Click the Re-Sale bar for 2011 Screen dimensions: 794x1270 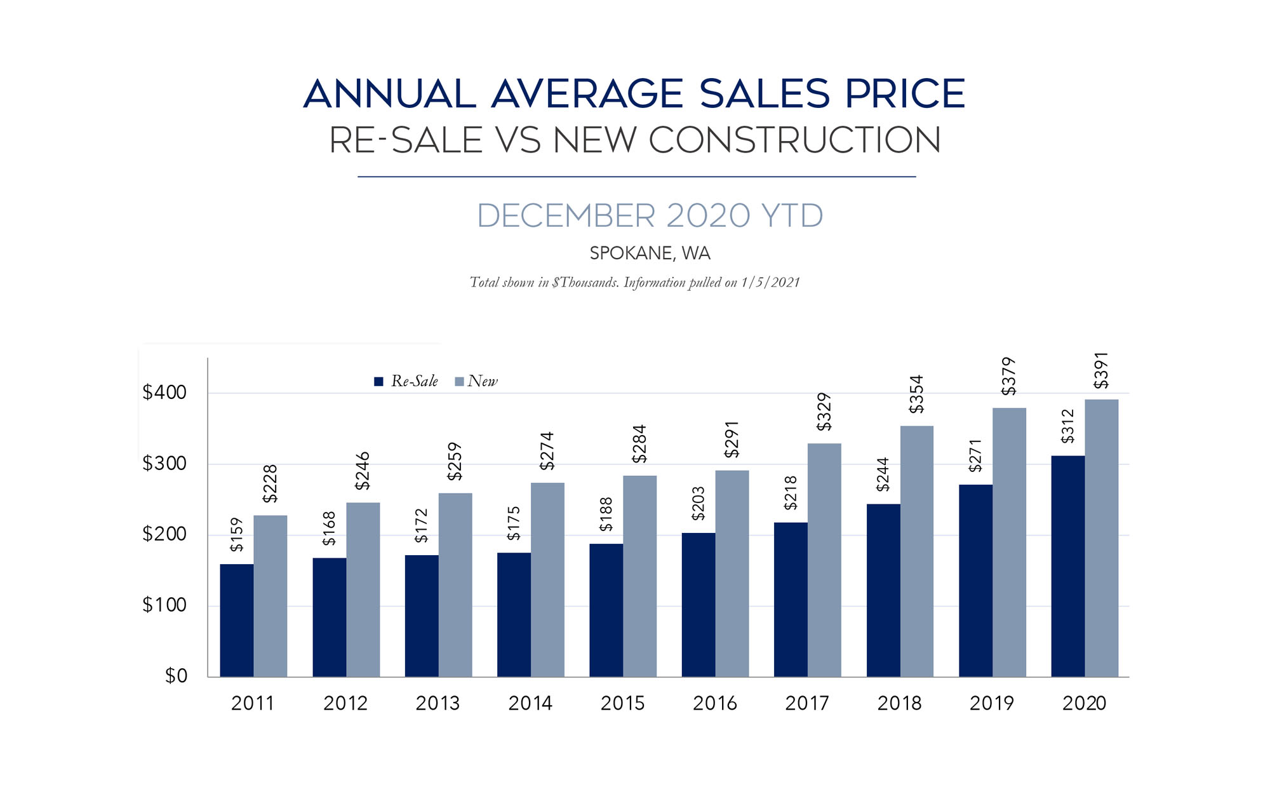pyautogui.click(x=236, y=620)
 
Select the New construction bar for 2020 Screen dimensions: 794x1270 pyautogui.click(x=1101, y=538)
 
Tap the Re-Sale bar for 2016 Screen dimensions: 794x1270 pyautogui.click(x=698, y=605)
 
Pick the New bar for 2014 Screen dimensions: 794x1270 pyautogui.click(x=547, y=579)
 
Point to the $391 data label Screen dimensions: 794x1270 pyautogui.click(x=1100, y=370)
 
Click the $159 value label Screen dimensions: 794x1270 pyautogui.click(x=236, y=535)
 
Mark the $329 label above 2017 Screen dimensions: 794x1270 pyautogui.click(x=824, y=412)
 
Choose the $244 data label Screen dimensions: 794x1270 pyautogui.click(x=883, y=474)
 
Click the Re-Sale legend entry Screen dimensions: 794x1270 pyautogui.click(x=406, y=381)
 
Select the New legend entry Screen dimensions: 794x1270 pyautogui.click(x=477, y=381)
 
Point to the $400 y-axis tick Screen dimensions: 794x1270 pyautogui.click(x=164, y=393)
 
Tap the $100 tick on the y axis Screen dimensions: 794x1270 pyautogui.click(x=164, y=605)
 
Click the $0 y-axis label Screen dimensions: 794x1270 pyautogui.click(x=176, y=676)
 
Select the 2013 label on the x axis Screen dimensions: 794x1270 pyautogui.click(x=438, y=703)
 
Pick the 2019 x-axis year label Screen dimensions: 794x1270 pyautogui.click(x=991, y=703)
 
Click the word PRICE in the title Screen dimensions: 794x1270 pyautogui.click(x=905, y=94)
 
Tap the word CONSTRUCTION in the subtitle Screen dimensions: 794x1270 pyautogui.click(x=794, y=140)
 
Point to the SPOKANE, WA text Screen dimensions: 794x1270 pyautogui.click(x=650, y=253)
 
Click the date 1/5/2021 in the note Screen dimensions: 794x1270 pyautogui.click(x=770, y=283)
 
